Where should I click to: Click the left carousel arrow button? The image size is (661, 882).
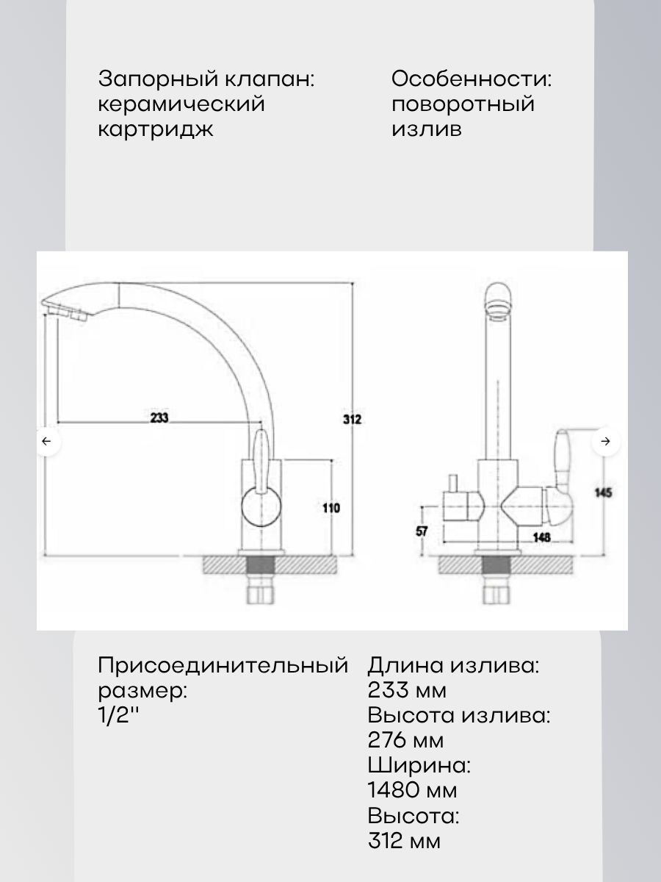point(47,441)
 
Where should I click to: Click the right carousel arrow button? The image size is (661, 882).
point(605,441)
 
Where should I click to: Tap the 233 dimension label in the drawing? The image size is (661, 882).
point(159,417)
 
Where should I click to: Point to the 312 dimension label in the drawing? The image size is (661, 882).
point(353,420)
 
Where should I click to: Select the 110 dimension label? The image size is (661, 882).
point(331,507)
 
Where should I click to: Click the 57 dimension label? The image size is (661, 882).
point(422,531)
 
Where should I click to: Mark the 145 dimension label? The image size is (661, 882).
point(604,492)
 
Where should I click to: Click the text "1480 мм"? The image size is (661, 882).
point(412,791)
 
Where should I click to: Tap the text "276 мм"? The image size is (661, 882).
point(405,740)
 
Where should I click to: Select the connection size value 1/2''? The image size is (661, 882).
point(118,716)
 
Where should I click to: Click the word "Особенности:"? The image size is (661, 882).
point(471,79)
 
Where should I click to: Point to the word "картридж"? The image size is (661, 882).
point(156,129)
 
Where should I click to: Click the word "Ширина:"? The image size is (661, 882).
point(419,765)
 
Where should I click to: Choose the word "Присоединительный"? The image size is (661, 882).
point(223,666)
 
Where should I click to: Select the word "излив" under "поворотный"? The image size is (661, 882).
point(427,129)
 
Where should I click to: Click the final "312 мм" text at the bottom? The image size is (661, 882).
point(405,841)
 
